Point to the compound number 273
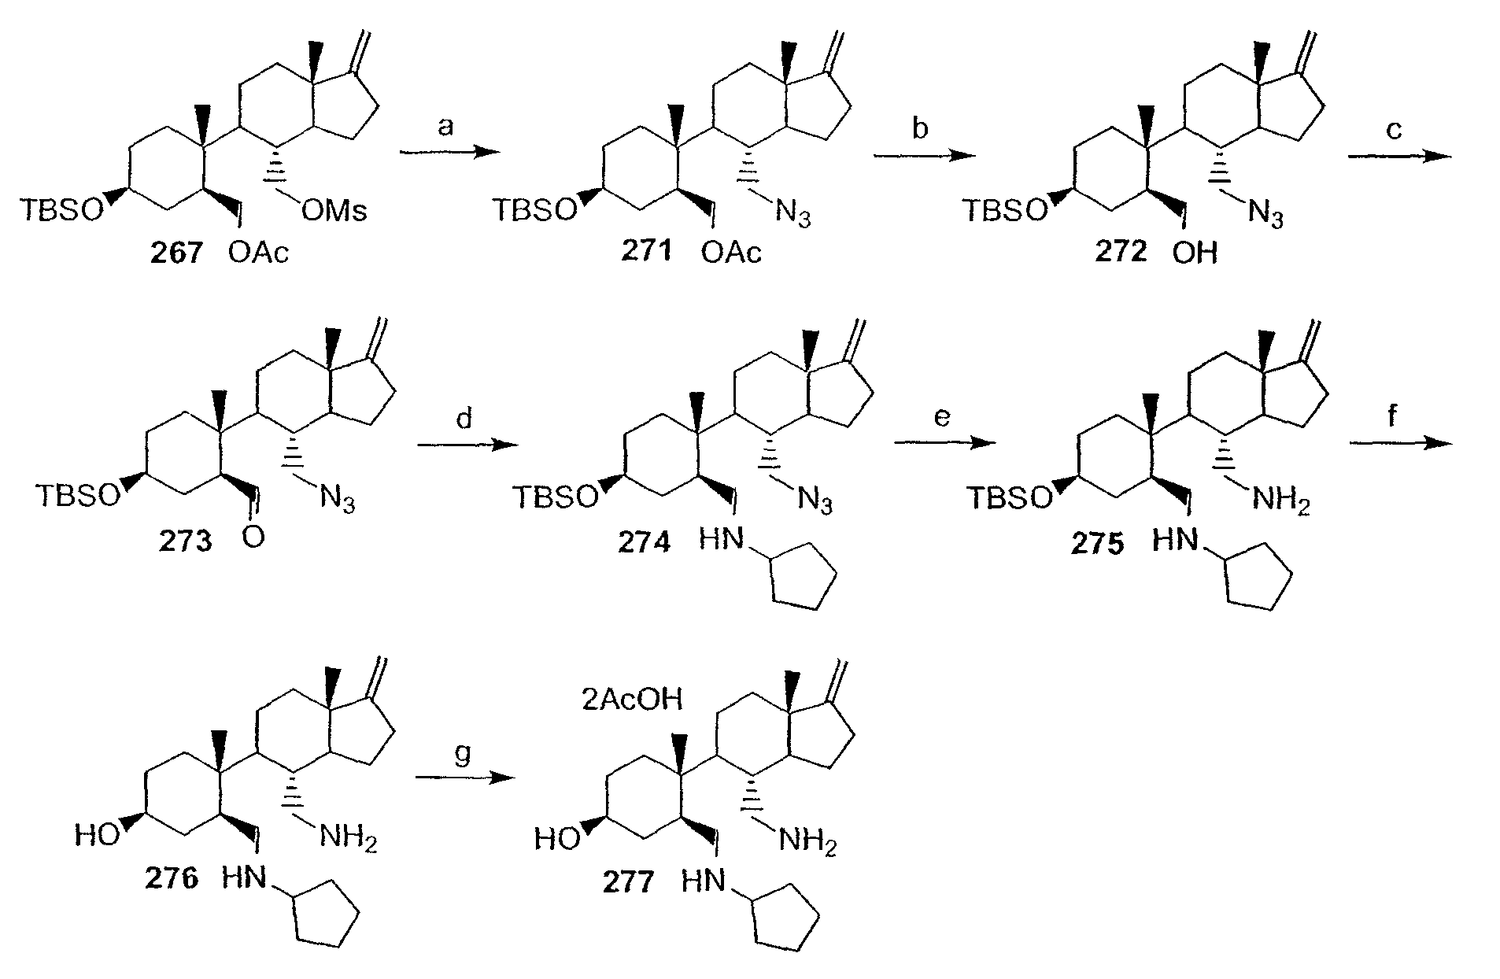[187, 542]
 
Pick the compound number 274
[645, 542]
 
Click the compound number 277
[629, 881]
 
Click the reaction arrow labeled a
[449, 154]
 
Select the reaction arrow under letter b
[923, 154]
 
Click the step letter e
[943, 417]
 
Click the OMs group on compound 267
[334, 211]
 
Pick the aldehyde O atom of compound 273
[255, 539]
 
